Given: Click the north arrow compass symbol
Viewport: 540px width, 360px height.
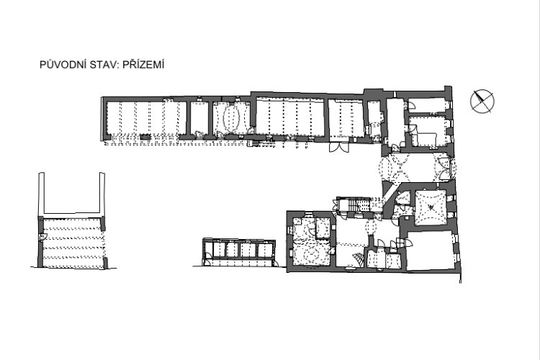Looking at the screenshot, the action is (x=482, y=101).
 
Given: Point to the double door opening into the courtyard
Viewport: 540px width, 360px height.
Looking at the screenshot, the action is (x=339, y=148).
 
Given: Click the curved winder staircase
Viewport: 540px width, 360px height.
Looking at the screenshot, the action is (x=356, y=259).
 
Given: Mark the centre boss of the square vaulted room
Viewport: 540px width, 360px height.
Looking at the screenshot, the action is (x=431, y=207).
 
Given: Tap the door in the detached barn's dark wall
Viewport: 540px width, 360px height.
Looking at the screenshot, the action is (x=42, y=237).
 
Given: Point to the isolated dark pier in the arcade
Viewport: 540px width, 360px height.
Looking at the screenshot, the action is (x=145, y=137).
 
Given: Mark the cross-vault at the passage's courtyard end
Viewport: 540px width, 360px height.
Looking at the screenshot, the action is (x=393, y=168).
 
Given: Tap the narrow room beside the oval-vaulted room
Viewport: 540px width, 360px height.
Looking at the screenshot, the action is (x=199, y=119).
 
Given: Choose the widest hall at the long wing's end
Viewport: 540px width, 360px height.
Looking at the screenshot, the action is (x=147, y=119).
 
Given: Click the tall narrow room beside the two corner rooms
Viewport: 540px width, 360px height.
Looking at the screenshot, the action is (x=395, y=122).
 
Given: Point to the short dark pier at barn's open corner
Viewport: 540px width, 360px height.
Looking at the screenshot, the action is (x=105, y=263).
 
